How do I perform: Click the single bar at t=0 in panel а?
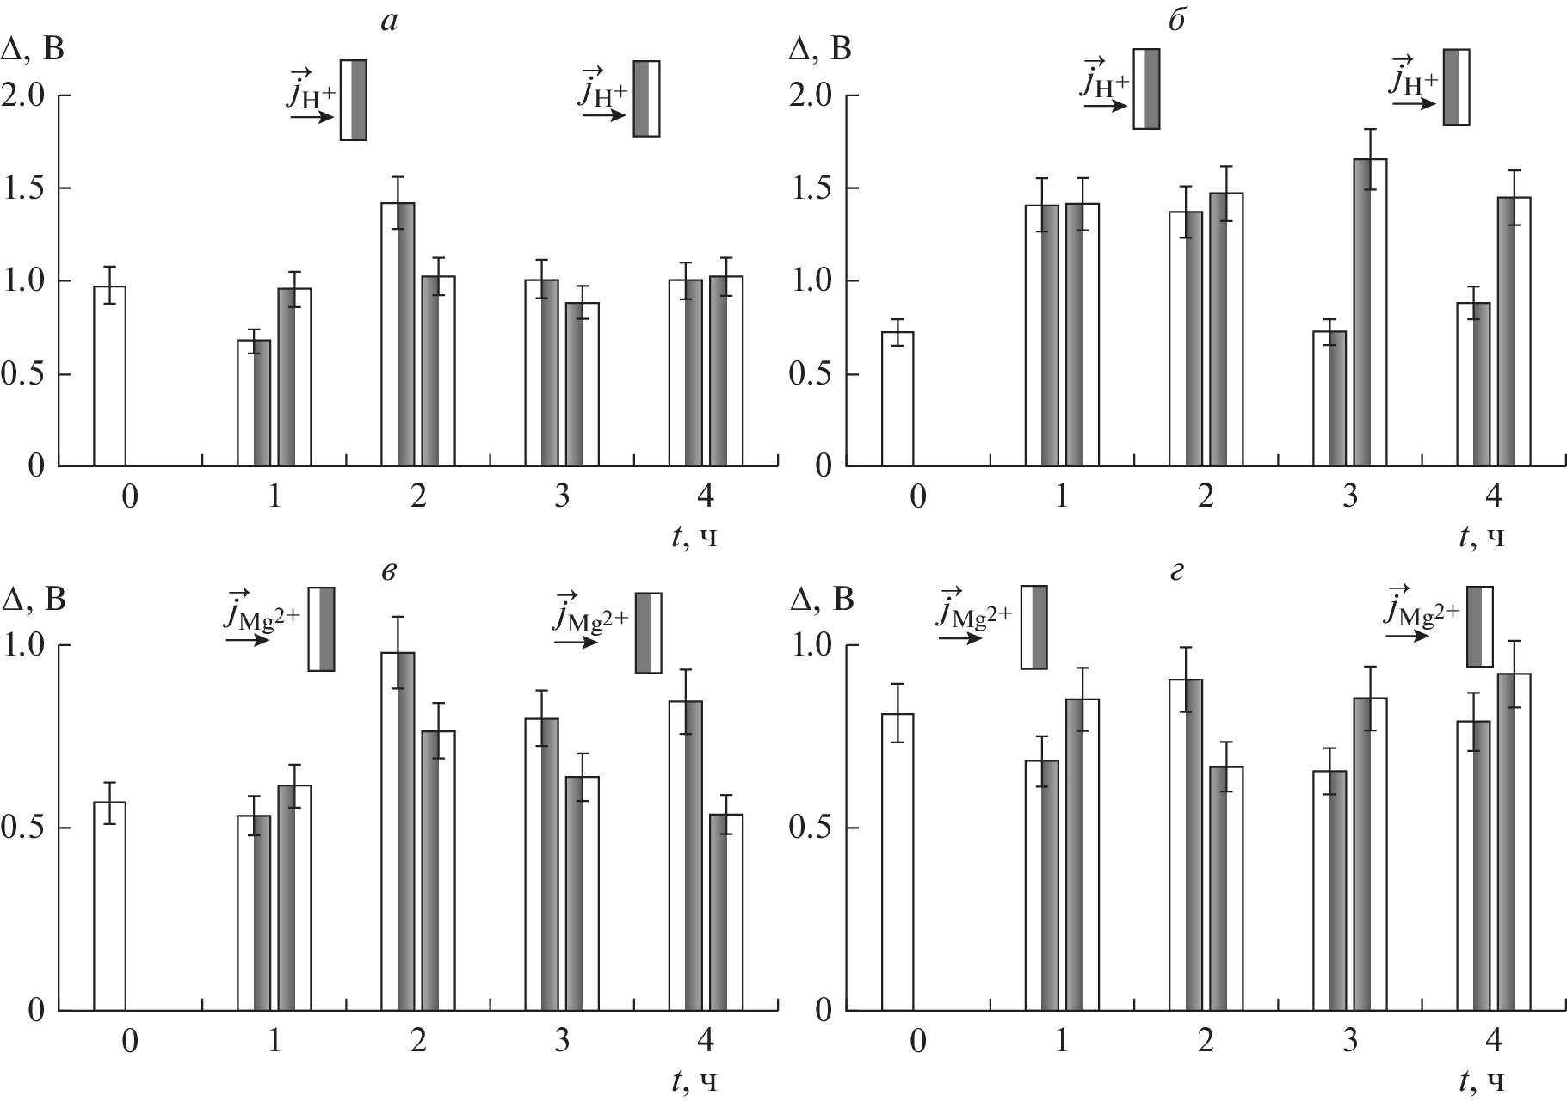(x=109, y=376)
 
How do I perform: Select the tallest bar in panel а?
(x=398, y=335)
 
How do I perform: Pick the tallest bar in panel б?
(x=1369, y=313)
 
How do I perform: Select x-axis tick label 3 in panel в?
(x=562, y=1042)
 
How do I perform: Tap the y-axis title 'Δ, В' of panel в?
(x=34, y=600)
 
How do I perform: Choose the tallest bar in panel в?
(x=398, y=831)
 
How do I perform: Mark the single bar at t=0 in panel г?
(x=898, y=862)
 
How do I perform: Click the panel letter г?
(x=1178, y=571)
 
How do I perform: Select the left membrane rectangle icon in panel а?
(x=354, y=100)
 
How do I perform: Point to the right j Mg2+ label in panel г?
(x=1422, y=612)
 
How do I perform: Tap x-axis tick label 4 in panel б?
(x=1493, y=497)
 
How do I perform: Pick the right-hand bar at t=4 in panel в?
(x=726, y=912)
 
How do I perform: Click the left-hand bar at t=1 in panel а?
(x=254, y=403)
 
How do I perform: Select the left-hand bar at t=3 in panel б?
(x=1329, y=399)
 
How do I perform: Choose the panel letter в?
(x=389, y=571)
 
